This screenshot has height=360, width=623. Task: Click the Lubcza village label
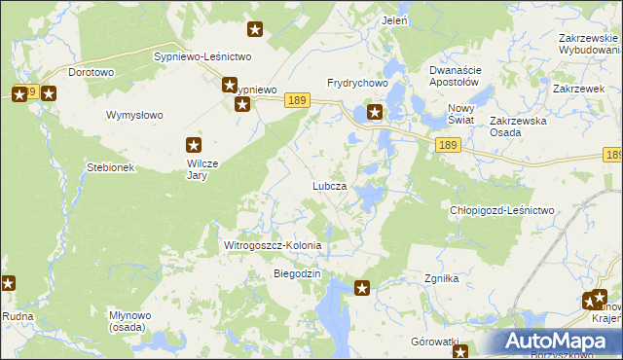(329, 185)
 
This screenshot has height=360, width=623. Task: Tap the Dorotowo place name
(92, 72)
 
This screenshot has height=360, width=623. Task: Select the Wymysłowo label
(134, 115)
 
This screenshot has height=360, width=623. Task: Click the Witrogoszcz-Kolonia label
(273, 246)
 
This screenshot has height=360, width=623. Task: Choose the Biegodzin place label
(297, 274)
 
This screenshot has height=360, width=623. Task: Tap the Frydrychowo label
(357, 84)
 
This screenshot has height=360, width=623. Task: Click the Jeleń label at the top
(395, 20)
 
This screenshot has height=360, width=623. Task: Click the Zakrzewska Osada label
(520, 126)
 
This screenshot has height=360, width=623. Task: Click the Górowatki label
(434, 342)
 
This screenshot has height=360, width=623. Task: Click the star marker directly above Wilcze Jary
(195, 145)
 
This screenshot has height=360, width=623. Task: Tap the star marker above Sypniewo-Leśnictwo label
(255, 30)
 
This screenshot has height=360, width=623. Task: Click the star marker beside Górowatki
(461, 351)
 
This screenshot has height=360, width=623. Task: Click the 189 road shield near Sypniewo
(297, 100)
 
